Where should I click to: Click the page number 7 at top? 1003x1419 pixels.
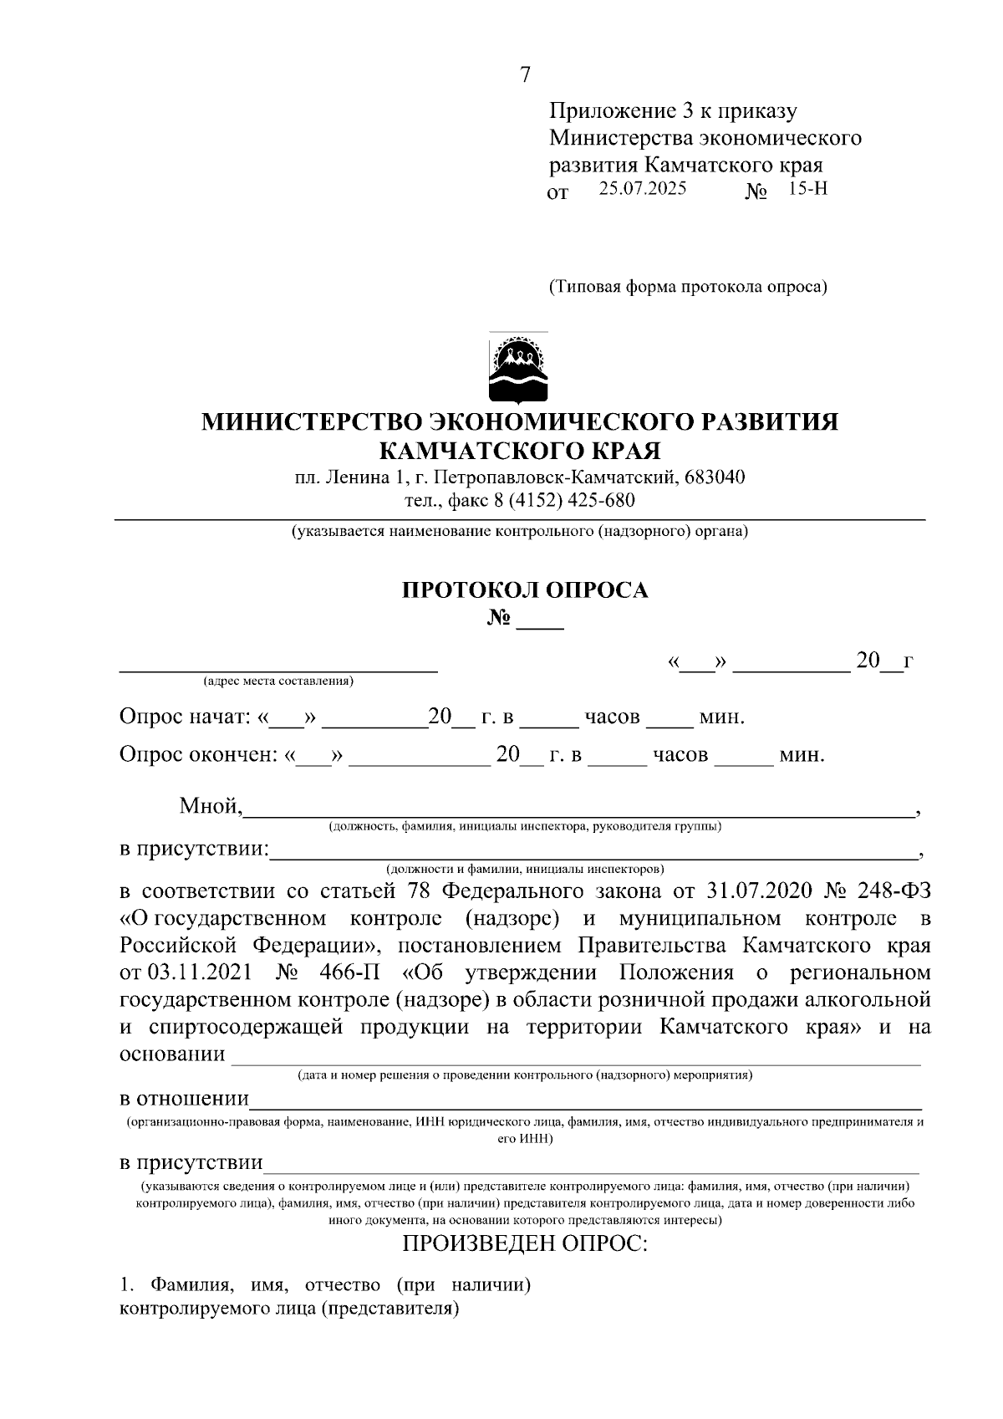[x=525, y=75]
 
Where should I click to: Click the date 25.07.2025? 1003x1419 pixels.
[x=642, y=188]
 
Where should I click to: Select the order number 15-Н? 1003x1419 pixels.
[x=807, y=188]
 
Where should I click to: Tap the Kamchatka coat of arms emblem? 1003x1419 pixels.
[x=518, y=368]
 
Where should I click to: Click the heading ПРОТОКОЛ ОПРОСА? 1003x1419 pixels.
[x=525, y=590]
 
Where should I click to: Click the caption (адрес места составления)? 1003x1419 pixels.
[x=278, y=681]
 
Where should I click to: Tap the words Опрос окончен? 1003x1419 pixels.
[x=197, y=755]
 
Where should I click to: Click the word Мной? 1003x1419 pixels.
[x=210, y=806]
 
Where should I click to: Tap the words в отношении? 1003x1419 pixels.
[x=184, y=1098]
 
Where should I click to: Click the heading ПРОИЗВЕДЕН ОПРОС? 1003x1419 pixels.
[x=525, y=1243]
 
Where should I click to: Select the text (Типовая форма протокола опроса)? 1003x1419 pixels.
[x=687, y=288]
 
